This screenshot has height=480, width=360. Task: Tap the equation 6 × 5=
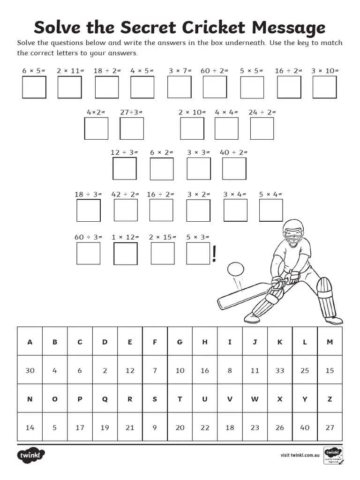[34, 71]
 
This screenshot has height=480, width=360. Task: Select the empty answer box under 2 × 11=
[69, 87]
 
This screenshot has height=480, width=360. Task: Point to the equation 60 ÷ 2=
[214, 71]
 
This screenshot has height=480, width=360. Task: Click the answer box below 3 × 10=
[325, 87]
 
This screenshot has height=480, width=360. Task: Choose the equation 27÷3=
[131, 112]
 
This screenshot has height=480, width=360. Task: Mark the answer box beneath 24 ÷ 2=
[262, 128]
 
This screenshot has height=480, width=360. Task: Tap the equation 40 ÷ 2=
[233, 152]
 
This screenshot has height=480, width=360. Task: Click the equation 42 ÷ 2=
[125, 194]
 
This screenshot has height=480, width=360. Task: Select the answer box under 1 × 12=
[126, 253]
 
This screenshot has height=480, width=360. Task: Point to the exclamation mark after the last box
[215, 254]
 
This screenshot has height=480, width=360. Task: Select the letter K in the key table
[280, 342]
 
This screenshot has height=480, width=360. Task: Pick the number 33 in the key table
[280, 370]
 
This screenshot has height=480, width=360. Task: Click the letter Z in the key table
[330, 399]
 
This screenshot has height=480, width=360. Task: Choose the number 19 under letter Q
[105, 427]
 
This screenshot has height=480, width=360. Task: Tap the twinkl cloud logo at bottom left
[31, 455]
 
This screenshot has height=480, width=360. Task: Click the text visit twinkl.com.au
[300, 455]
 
